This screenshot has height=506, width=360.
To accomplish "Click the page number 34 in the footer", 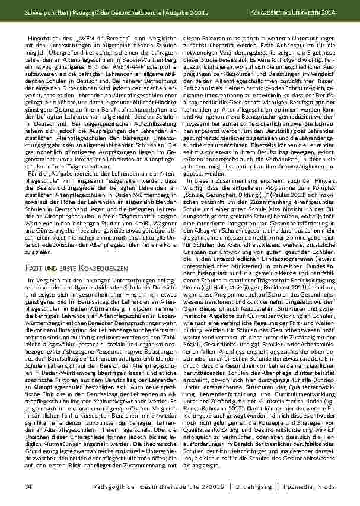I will click(27, 486).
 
